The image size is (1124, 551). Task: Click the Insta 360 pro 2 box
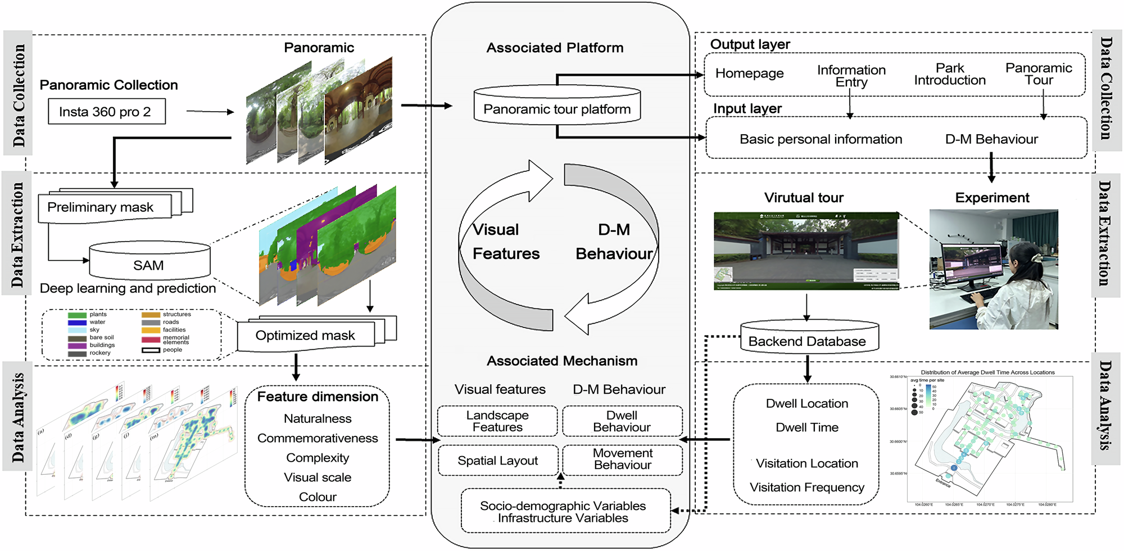(x=106, y=112)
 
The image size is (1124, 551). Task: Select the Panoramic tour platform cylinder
(x=557, y=109)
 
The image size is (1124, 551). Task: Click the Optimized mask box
(x=305, y=335)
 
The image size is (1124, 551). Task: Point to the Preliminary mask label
(x=101, y=207)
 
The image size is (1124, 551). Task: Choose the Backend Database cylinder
(x=807, y=341)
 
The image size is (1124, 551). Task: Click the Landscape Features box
(x=497, y=421)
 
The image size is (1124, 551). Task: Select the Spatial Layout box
(x=497, y=461)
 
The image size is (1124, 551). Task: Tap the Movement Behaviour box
(x=622, y=459)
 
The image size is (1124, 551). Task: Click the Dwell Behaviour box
(x=622, y=421)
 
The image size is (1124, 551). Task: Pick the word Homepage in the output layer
(x=749, y=74)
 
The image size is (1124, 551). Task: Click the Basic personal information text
(x=821, y=139)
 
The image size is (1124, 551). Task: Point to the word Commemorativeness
(x=318, y=438)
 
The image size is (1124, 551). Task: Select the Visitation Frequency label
(x=806, y=488)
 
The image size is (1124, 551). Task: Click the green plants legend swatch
(x=77, y=315)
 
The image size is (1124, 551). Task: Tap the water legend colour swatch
(x=77, y=322)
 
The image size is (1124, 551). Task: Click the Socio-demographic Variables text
(x=563, y=506)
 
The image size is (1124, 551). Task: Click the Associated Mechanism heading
(x=562, y=361)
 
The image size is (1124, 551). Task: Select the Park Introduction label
(x=950, y=74)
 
